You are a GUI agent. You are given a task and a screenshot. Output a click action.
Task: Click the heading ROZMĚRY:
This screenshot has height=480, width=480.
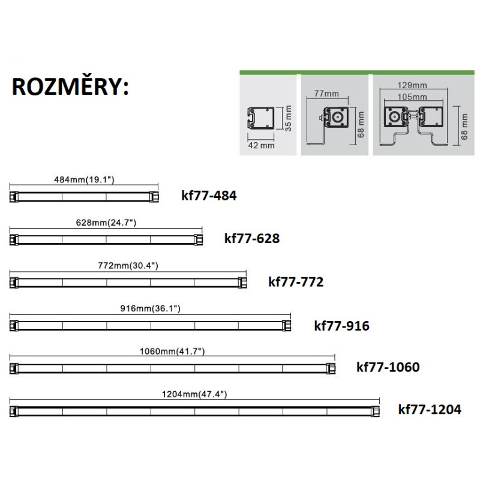pos(69,88)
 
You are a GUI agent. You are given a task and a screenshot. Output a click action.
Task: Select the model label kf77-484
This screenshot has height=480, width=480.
pos(209,196)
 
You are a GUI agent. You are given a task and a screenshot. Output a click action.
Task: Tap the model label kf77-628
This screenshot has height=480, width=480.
pos(252,238)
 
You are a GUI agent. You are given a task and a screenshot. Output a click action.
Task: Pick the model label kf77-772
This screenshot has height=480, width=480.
pos(296,281)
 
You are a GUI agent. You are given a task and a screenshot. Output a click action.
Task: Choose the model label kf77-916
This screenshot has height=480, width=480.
pos(341,326)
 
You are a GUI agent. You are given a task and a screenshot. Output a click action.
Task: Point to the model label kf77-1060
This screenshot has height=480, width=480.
pos(388,367)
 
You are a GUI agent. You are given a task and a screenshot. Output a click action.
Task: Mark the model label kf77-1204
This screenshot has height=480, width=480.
pos(430,410)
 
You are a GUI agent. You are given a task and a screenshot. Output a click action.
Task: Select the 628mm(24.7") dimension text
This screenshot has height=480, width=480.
pos(107,223)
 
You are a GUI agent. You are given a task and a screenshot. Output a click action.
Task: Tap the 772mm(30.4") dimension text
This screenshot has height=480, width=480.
pos(128,265)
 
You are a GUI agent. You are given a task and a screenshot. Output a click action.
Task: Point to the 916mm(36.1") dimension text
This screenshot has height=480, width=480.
pos(150,308)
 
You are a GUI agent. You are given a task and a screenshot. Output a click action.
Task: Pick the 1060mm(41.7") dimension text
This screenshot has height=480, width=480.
pos(173,350)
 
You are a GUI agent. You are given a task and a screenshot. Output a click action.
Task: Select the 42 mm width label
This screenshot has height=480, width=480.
pos(259,145)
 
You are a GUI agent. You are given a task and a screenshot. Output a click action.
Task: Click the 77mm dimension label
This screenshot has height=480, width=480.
pos(327,94)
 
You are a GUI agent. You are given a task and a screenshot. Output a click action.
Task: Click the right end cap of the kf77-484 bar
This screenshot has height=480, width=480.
pos(155,196)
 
